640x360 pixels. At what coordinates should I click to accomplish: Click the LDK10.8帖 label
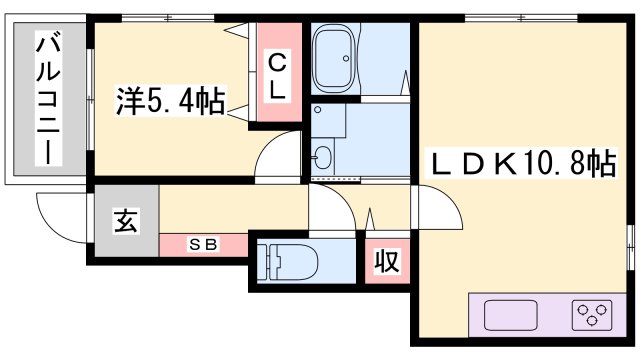(x=522, y=161)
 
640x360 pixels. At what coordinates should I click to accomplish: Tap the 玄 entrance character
(x=124, y=220)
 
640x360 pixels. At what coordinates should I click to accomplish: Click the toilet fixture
(x=290, y=263)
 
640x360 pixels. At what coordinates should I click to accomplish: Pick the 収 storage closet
(x=386, y=262)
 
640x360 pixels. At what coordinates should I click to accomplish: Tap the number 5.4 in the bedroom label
(x=176, y=101)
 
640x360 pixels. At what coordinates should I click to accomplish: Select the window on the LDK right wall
(x=631, y=246)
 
